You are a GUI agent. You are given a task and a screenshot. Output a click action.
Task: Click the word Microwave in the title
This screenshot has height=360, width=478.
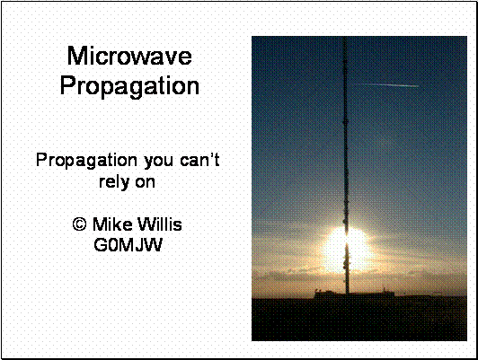[x=129, y=56]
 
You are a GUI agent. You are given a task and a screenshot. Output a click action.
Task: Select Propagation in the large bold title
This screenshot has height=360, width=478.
[x=129, y=86]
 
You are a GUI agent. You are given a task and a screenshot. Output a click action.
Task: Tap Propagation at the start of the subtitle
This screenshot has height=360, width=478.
[x=86, y=161]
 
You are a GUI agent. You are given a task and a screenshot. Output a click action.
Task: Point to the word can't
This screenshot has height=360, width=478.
[x=199, y=160]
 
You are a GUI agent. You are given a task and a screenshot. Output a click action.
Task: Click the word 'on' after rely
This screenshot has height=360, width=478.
[x=146, y=183]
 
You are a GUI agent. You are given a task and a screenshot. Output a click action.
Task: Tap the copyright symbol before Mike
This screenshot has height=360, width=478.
[x=80, y=224]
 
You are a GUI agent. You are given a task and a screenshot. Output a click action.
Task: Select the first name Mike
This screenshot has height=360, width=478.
[x=113, y=224]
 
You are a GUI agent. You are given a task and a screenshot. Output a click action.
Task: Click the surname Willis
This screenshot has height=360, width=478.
[x=160, y=224]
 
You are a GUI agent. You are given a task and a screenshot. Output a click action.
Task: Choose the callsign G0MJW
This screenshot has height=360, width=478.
[x=128, y=245]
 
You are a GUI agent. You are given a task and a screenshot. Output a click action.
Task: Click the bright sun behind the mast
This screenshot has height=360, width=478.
[x=347, y=250]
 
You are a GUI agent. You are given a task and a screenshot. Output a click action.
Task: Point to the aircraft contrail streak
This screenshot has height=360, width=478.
[x=386, y=85]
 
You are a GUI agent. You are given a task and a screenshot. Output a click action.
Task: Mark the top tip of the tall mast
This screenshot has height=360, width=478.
[x=345, y=37]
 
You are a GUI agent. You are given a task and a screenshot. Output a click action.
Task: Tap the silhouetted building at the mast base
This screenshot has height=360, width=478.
[x=355, y=294]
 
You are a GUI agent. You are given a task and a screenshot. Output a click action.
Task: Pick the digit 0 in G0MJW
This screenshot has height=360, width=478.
[x=111, y=245]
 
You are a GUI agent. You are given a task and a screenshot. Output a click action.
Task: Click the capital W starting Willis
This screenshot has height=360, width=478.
[x=147, y=224]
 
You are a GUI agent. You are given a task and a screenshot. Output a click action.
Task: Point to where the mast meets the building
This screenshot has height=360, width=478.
[x=347, y=293]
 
